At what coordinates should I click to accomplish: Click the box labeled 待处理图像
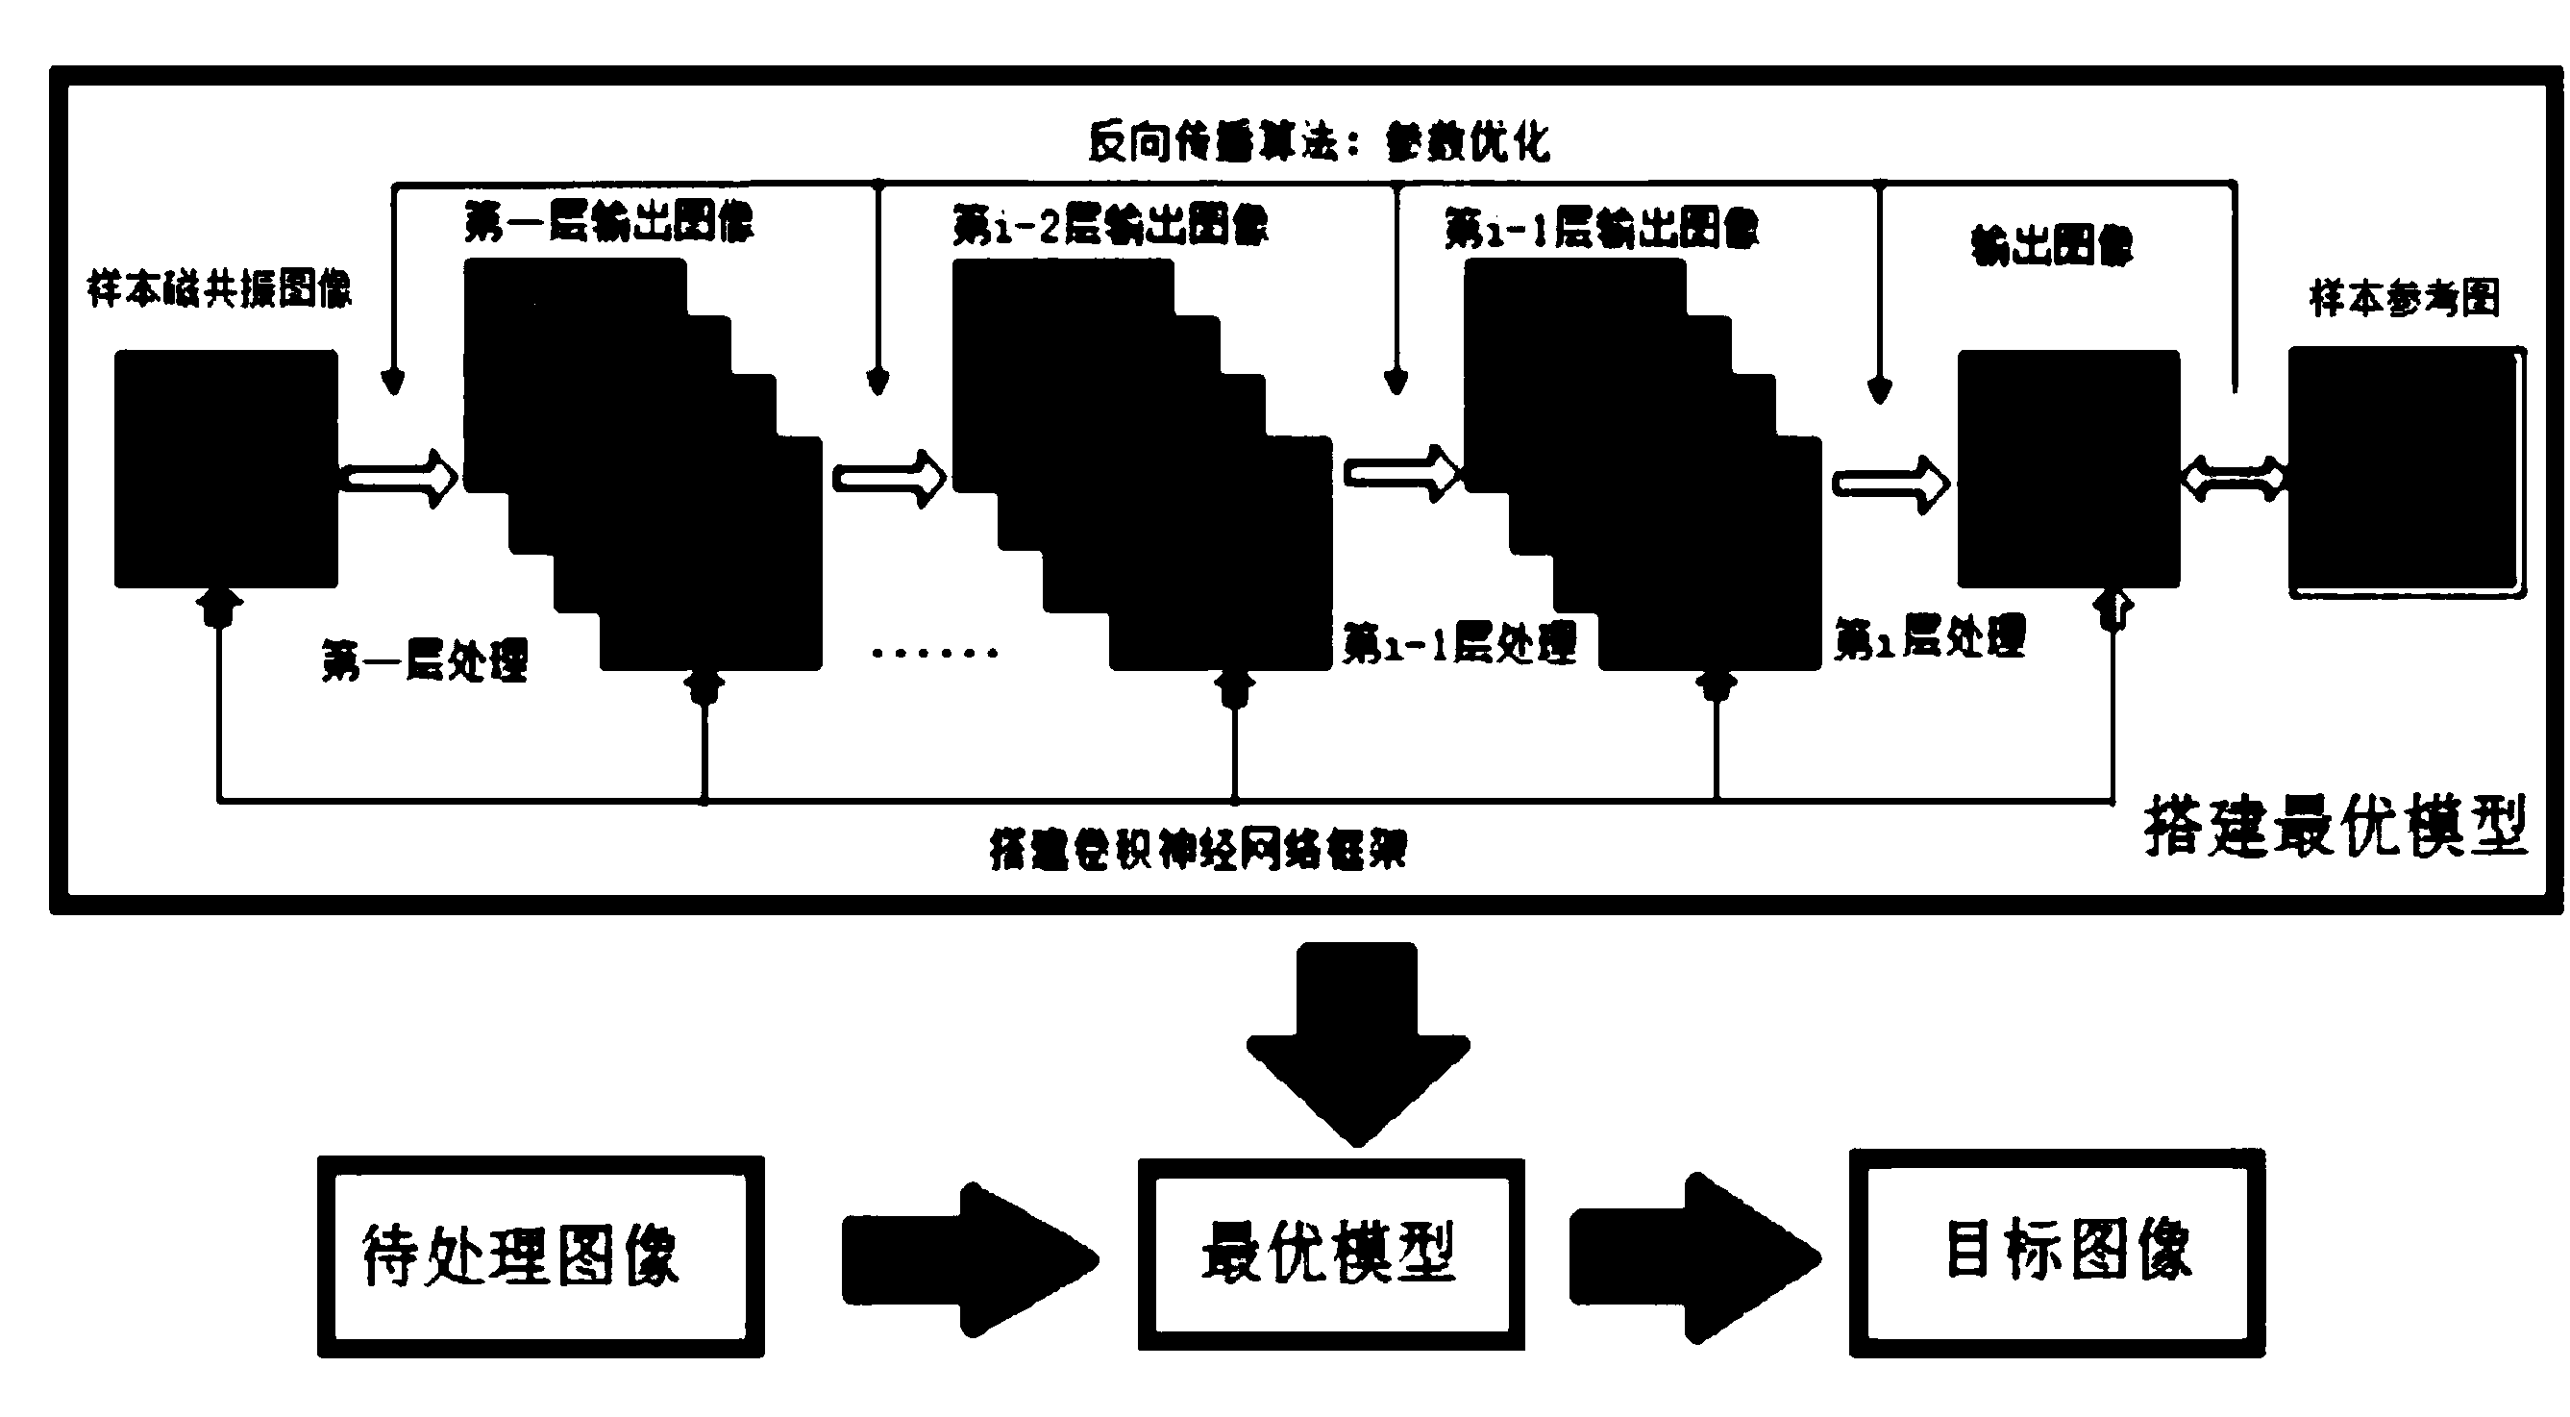540,1255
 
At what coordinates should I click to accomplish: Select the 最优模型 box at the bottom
1330,1254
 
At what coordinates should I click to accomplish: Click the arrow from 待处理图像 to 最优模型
968,1259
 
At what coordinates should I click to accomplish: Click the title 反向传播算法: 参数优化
1318,142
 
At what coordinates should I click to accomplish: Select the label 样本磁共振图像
219,289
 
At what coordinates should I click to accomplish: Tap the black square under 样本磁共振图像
226,468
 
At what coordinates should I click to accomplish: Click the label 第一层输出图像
608,221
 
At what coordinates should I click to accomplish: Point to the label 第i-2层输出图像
1109,226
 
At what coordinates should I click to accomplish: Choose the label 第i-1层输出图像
1601,229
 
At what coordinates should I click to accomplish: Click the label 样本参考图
2405,298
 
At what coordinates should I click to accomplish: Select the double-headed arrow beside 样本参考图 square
2233,479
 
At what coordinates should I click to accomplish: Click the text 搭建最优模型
2335,826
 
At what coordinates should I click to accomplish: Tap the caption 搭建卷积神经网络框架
1198,850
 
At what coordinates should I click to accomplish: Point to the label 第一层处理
424,660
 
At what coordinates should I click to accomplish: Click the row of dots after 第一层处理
934,654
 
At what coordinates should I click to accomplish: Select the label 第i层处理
1930,637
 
